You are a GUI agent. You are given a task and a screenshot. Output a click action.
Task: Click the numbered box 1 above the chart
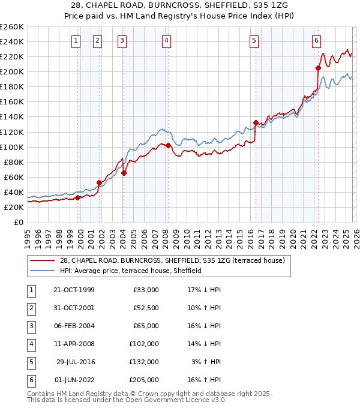pos(77,41)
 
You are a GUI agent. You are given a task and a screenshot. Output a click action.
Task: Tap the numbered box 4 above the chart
pos(166,41)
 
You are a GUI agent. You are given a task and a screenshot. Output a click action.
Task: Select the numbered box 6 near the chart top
pos(316,41)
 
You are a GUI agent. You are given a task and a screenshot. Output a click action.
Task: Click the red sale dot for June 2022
pos(318,68)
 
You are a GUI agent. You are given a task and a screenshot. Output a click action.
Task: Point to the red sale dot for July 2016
pos(256,123)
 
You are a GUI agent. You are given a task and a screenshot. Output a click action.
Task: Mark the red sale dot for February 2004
pos(124,173)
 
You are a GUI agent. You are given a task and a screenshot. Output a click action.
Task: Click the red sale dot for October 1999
pos(78,197)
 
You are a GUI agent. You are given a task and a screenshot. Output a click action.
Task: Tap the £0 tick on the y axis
pos(18,222)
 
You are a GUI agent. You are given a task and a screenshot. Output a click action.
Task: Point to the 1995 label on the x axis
pos(27,237)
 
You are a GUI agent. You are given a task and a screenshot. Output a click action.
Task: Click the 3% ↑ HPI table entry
pos(208,361)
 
